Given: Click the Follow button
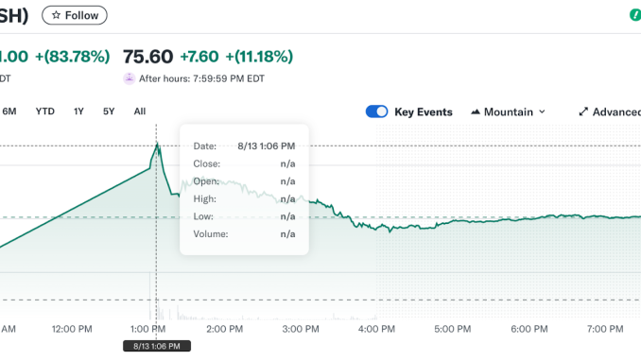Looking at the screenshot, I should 75,15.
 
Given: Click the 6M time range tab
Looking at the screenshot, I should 9,111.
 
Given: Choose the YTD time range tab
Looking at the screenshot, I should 44,111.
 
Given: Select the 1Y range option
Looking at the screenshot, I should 78,111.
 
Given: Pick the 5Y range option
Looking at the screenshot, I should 109,111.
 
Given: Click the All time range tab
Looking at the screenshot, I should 140,111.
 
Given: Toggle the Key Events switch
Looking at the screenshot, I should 376,111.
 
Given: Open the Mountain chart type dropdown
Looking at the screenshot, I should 508,111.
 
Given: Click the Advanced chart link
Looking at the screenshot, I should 610,111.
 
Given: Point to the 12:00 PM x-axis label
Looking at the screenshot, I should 72,329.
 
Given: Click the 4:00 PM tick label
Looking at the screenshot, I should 376,329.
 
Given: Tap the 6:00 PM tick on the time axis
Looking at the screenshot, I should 528,329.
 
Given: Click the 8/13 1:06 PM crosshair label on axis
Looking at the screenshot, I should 157,346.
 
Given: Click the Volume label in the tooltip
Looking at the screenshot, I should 210,233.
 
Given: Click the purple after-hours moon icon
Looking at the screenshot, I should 130,78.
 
